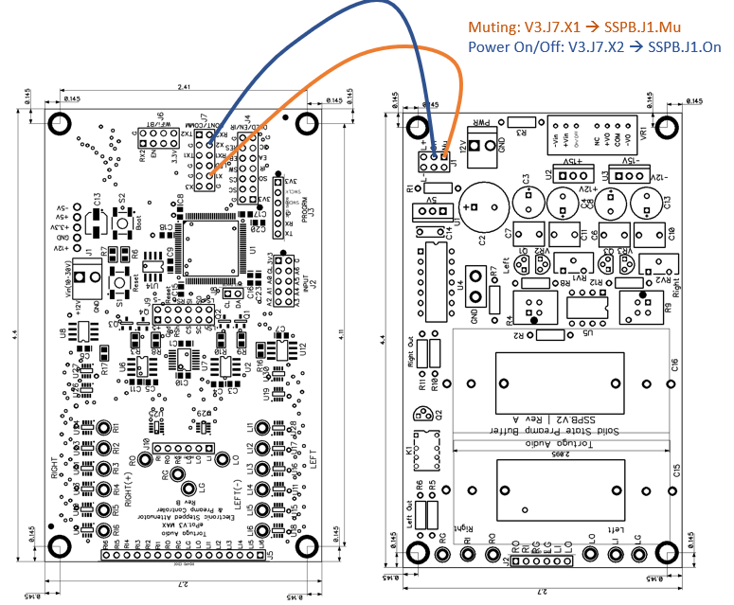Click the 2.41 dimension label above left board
tap(183, 88)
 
